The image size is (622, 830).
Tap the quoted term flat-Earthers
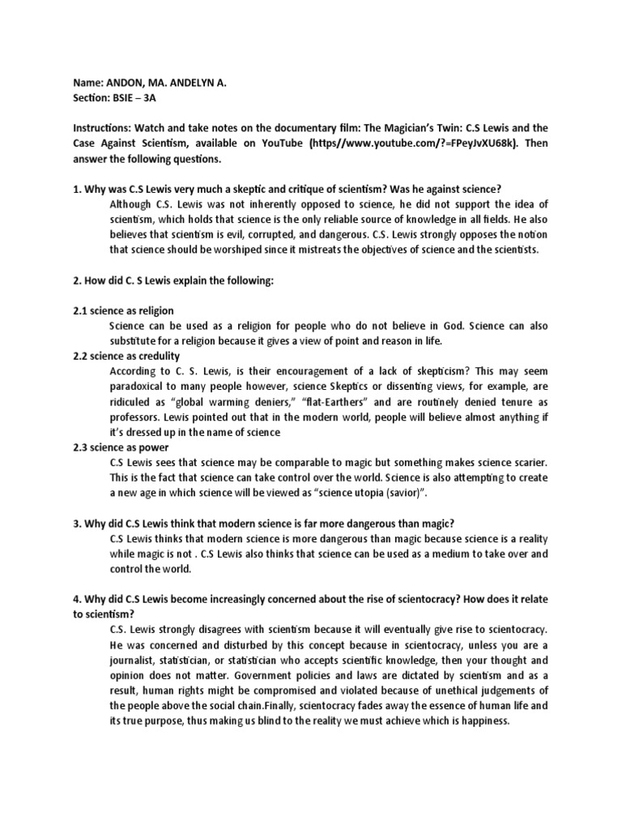coord(343,401)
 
